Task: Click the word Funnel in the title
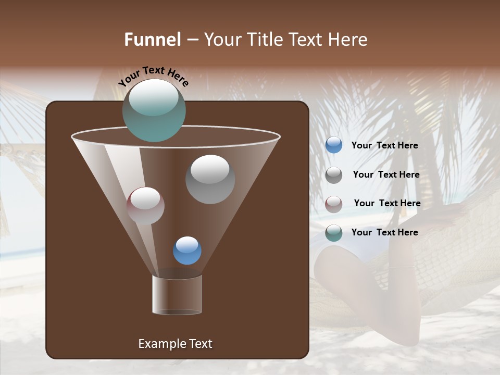(x=153, y=40)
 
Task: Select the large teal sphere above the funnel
(x=154, y=110)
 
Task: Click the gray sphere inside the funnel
(x=210, y=179)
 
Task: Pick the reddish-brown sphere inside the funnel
(x=145, y=206)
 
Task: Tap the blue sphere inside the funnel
(x=187, y=251)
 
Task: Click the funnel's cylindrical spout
(x=177, y=294)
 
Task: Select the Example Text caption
(x=175, y=344)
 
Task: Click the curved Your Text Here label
(x=154, y=76)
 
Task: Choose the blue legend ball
(x=334, y=145)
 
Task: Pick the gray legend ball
(x=334, y=175)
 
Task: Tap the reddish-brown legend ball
(x=334, y=204)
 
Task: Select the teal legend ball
(x=334, y=233)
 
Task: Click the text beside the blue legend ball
(x=384, y=146)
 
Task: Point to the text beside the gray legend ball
(x=386, y=175)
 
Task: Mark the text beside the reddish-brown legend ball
(x=387, y=204)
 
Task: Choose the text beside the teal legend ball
(x=384, y=232)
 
